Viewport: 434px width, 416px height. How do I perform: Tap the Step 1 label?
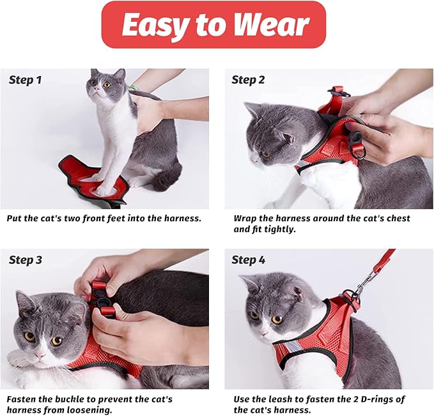(26, 80)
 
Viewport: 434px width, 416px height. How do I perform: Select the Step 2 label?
(248, 80)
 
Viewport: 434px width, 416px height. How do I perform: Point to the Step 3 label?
(26, 260)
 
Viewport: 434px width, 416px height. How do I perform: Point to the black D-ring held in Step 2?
(359, 151)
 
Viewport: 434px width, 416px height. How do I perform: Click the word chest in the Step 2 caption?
(396, 219)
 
